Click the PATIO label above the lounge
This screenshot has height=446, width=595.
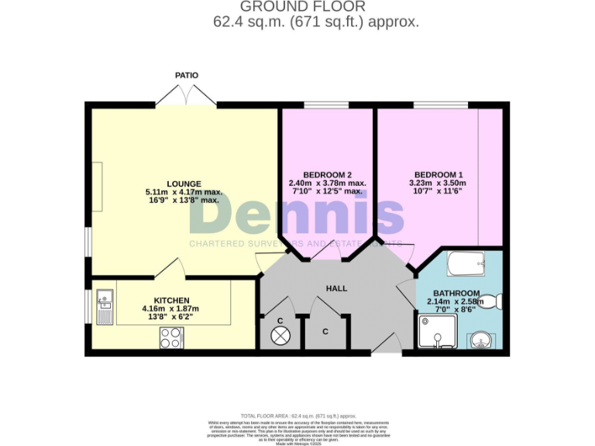coord(186,75)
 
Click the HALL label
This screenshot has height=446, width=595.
coord(336,288)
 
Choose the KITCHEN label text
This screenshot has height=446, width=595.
coord(171,300)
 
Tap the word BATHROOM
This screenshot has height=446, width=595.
coord(456,293)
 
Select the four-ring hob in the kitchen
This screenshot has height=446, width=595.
coord(170,338)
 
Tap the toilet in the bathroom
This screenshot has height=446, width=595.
coord(494,300)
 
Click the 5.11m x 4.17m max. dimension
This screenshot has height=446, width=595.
coord(184,191)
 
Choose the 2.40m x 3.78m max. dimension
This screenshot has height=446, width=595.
coord(326,183)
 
